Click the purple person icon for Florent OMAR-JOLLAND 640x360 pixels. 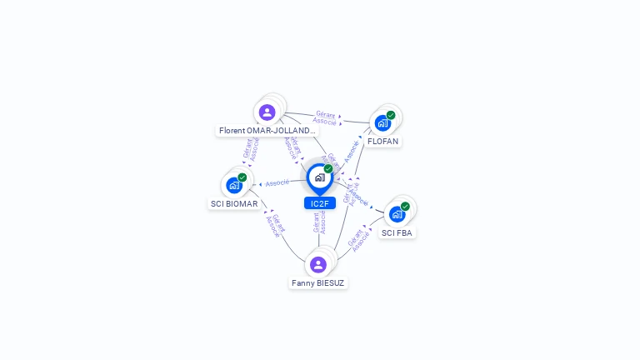coord(267,112)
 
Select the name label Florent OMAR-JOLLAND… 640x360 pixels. coord(267,131)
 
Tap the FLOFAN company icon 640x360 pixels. coord(382,123)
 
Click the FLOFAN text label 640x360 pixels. coord(383,142)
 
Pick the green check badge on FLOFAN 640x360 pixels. coord(391,115)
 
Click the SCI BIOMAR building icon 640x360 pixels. coord(234,185)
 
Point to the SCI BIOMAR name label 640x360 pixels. coord(234,204)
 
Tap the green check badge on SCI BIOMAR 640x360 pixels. coord(242,177)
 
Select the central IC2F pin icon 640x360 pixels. coord(319,177)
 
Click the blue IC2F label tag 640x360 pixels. coord(319,203)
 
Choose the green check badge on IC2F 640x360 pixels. coord(328,169)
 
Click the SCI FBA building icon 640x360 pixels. coord(397,214)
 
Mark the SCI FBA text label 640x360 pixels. coord(397,233)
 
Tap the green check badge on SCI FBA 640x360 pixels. coord(405,207)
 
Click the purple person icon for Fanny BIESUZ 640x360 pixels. coord(318,265)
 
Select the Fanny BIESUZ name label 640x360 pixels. coord(318,283)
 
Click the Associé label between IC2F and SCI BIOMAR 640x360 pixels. coord(277,182)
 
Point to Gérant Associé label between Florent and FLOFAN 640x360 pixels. coord(325,118)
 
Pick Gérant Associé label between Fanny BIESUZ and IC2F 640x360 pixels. coord(319,222)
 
